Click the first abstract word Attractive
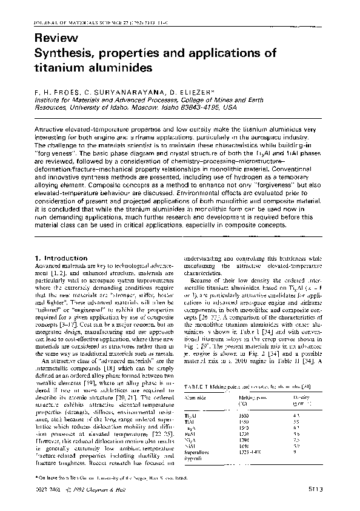pyautogui.click(x=54, y=130)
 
